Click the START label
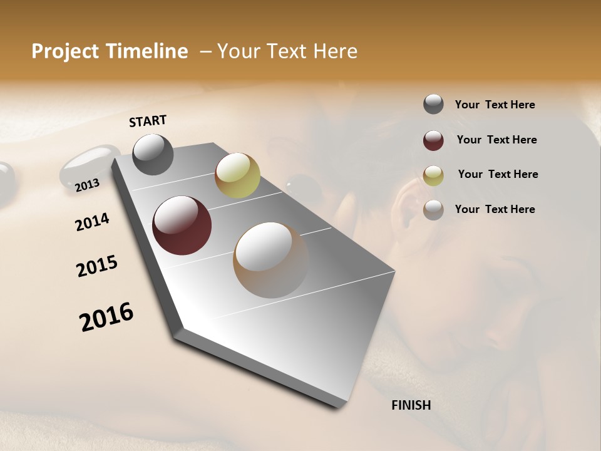148,121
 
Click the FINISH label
411,405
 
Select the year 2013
87,185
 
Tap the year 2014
92,222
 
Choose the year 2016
106,317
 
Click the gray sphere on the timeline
153,154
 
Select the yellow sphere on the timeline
237,175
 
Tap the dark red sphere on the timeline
182,225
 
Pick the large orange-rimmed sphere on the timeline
271,259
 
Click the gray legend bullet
433,105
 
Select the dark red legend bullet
433,140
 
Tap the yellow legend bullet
433,175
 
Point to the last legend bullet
433,209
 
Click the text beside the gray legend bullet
495,105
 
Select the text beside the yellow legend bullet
498,174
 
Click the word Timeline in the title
148,51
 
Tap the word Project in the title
65,51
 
